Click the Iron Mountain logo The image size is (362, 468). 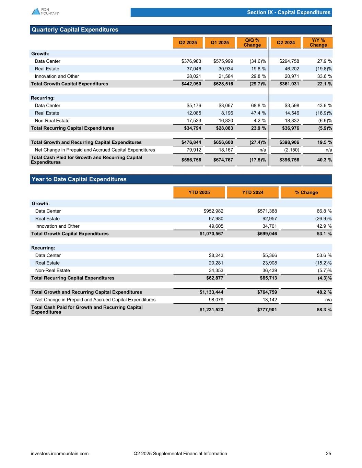[45, 11]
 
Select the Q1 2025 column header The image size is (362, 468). [220, 43]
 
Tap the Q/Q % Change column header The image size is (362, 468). [252, 43]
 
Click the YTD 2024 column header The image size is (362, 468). [253, 192]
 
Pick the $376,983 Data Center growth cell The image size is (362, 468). [191, 61]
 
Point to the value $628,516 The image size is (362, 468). [223, 84]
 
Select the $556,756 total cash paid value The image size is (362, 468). [191, 160]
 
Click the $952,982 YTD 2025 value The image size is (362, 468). [213, 211]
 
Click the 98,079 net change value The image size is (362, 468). [216, 300]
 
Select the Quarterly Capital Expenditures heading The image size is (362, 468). [75, 30]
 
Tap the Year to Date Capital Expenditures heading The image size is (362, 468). [79, 179]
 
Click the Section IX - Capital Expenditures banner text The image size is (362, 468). [289, 13]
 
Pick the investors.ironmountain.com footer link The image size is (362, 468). [60, 454]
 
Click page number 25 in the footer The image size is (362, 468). [328, 454]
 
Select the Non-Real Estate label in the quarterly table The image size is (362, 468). [52, 121]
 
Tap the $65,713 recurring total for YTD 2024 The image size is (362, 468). [267, 278]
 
